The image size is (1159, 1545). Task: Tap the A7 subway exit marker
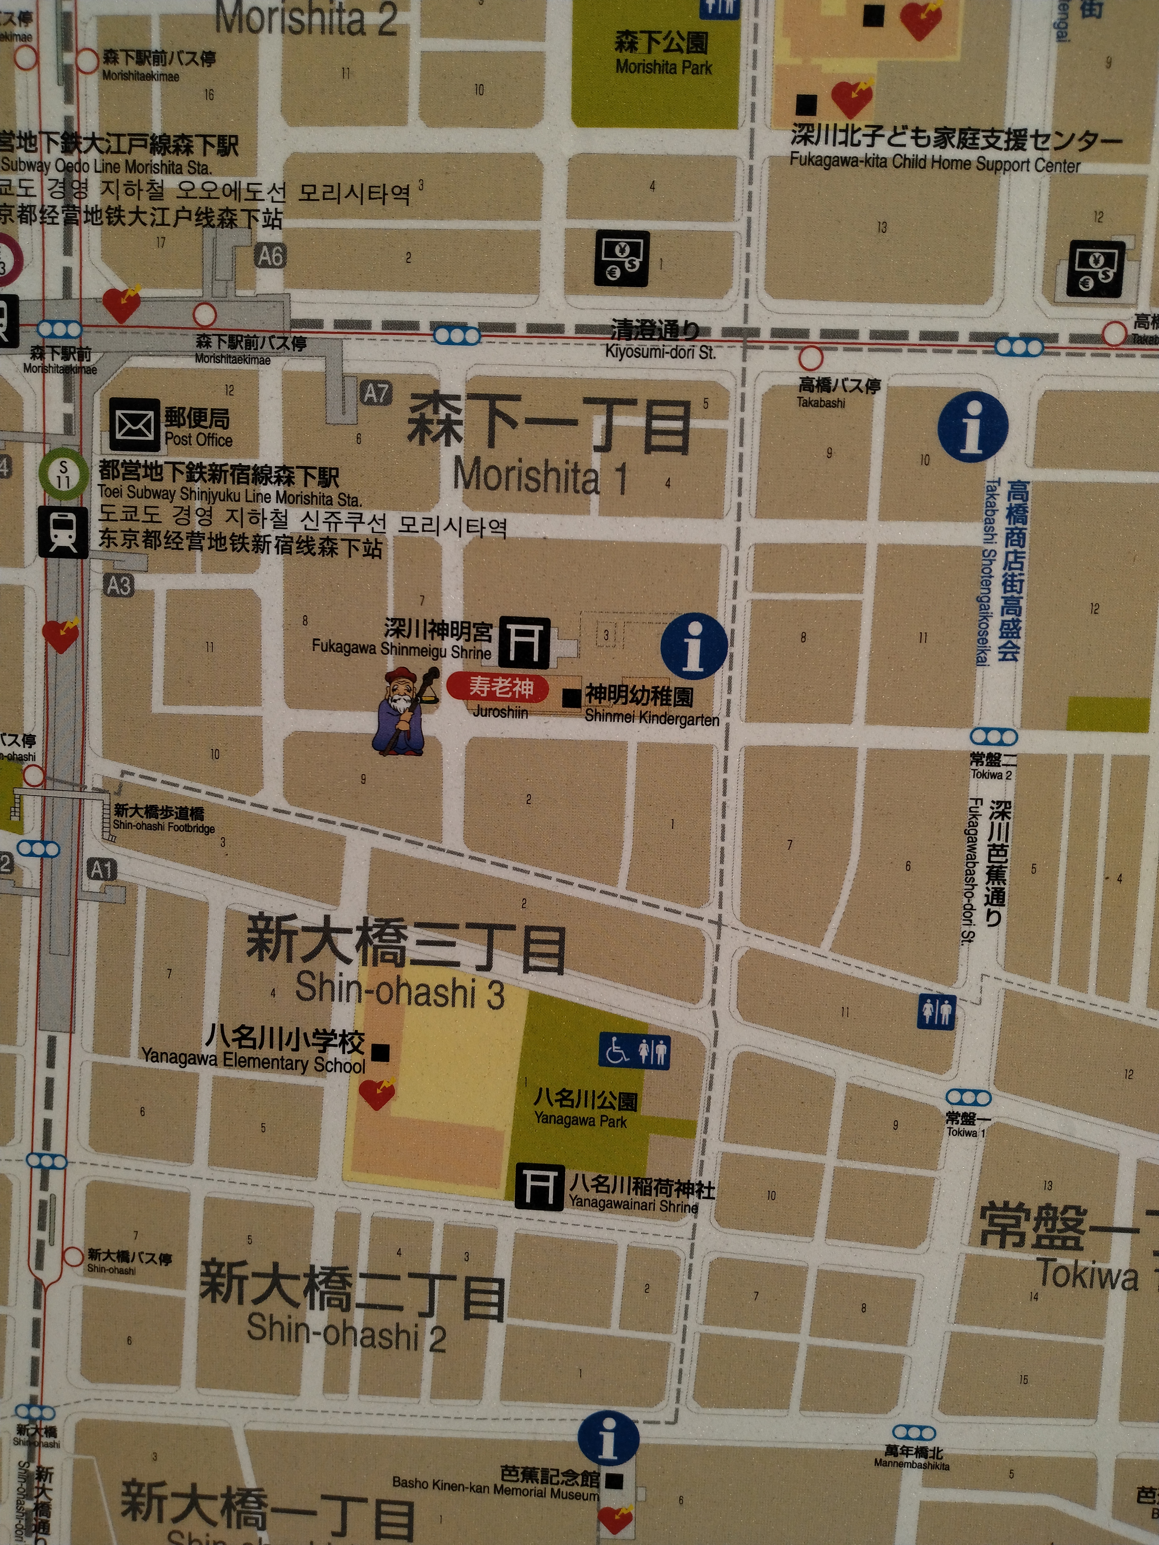376,393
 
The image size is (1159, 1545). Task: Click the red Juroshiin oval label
500,687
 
